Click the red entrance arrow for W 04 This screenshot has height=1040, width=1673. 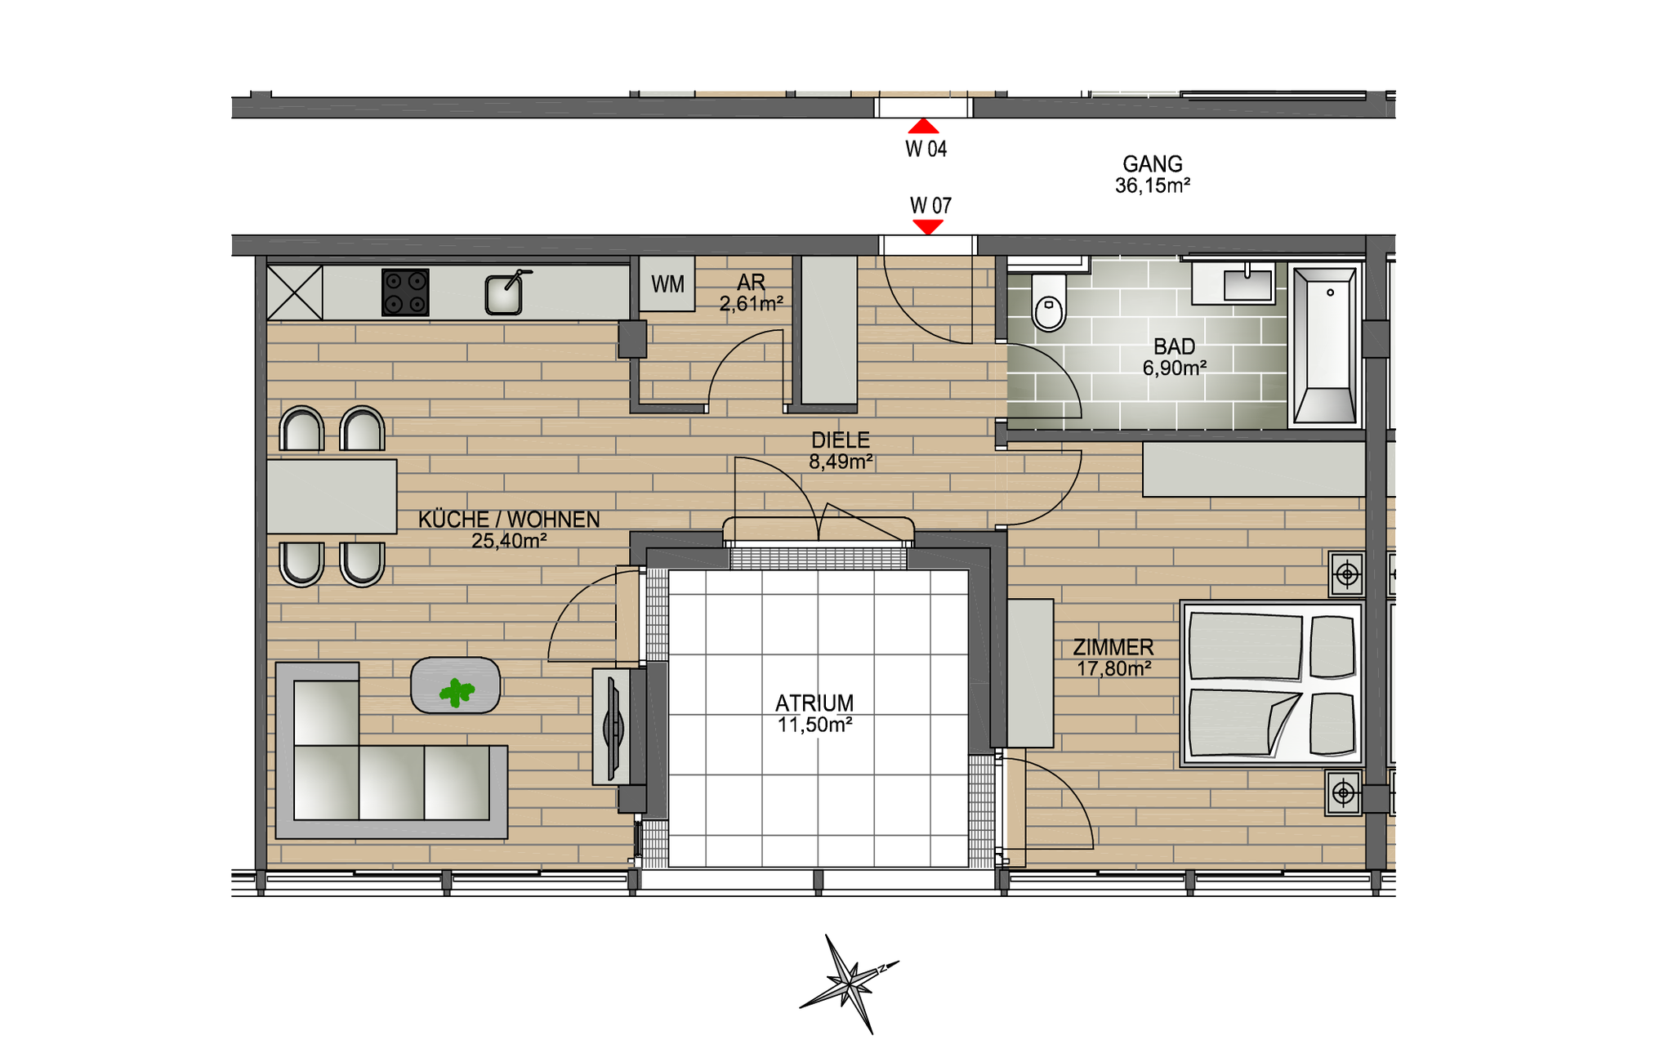click(924, 126)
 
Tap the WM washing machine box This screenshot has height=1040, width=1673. click(667, 283)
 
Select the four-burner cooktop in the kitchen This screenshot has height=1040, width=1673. click(405, 292)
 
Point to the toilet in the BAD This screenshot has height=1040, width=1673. click(1049, 301)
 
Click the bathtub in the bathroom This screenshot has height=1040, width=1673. click(1324, 345)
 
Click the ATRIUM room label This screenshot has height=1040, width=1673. click(814, 703)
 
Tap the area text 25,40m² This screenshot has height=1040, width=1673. click(509, 541)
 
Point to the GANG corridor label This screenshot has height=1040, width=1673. click(1153, 164)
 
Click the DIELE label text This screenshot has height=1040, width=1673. click(841, 440)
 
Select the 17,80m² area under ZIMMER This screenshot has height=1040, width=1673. click(1114, 669)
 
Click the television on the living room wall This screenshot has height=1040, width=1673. click(613, 726)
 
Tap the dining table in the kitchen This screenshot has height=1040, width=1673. click(332, 497)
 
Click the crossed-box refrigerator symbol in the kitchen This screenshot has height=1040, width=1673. click(295, 292)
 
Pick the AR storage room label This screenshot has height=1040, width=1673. click(752, 283)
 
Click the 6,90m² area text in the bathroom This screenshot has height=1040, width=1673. click(1175, 368)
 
